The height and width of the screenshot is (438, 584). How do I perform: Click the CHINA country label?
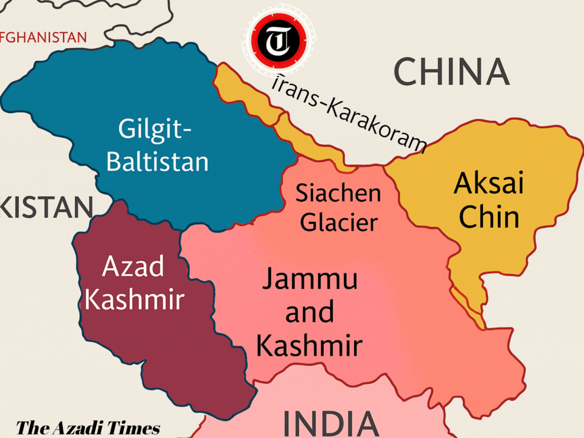pos(451,72)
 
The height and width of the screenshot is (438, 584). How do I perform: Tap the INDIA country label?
pos(330,424)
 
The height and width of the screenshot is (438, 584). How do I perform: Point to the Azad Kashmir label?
pos(134,283)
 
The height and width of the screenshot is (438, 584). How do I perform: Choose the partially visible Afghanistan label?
pos(44,37)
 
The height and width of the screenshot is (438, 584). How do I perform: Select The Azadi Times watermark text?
pos(88,428)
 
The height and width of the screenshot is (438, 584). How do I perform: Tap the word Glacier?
pos(339,222)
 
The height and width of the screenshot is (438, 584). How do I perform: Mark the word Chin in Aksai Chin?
pos(489,218)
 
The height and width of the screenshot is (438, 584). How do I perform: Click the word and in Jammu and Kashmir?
pos(310,312)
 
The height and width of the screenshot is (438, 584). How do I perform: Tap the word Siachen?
pos(339,193)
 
